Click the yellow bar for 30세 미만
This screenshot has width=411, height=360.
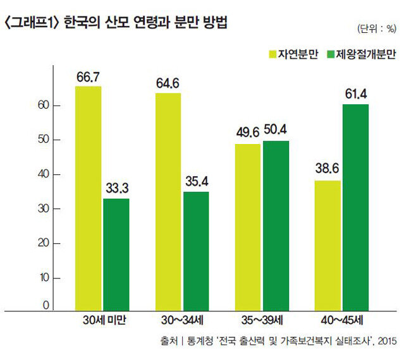pos(88,197)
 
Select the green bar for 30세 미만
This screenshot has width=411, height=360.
pos(116,253)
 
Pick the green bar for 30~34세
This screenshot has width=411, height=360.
pos(196,250)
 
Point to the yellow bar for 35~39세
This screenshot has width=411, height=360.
pos(247,226)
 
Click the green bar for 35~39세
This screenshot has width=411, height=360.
pos(276,225)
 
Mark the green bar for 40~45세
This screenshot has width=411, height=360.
pos(355,207)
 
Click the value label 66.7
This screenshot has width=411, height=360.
pos(88,76)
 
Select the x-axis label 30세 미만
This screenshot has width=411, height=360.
pos(103,321)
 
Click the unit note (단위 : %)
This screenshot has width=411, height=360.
pos(377,30)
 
